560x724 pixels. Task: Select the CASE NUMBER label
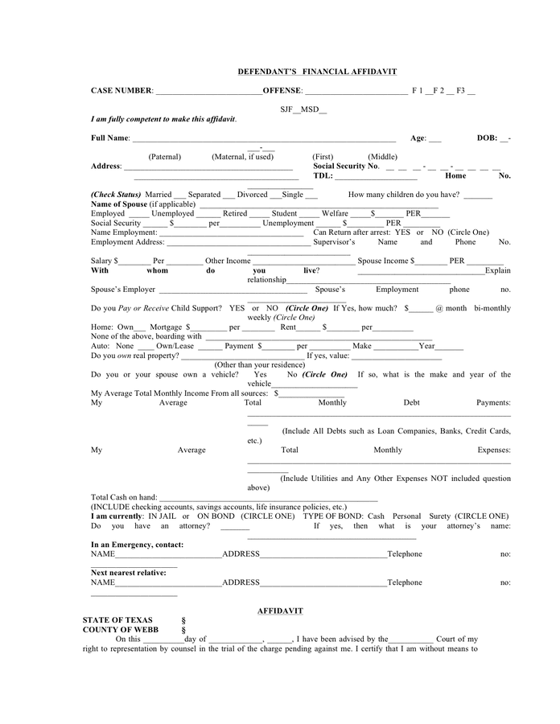pyautogui.click(x=121, y=91)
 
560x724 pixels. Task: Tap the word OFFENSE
pyautogui.click(x=282, y=91)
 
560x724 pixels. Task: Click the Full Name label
pyautogui.click(x=110, y=138)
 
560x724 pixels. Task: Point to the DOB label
pyautogui.click(x=487, y=138)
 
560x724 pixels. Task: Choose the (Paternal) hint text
pyautogui.click(x=165, y=157)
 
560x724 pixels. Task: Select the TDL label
pyautogui.click(x=323, y=175)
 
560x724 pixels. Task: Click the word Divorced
pyautogui.click(x=253, y=195)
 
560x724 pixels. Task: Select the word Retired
pyautogui.click(x=235, y=214)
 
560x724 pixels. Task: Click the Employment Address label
pyautogui.click(x=127, y=242)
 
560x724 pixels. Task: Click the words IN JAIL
pyautogui.click(x=163, y=516)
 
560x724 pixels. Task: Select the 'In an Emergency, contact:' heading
pyautogui.click(x=137, y=545)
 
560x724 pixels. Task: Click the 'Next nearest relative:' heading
pyautogui.click(x=129, y=573)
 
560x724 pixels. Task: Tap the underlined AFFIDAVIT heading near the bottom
pyautogui.click(x=280, y=611)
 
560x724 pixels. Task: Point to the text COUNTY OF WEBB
pyautogui.click(x=121, y=630)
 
